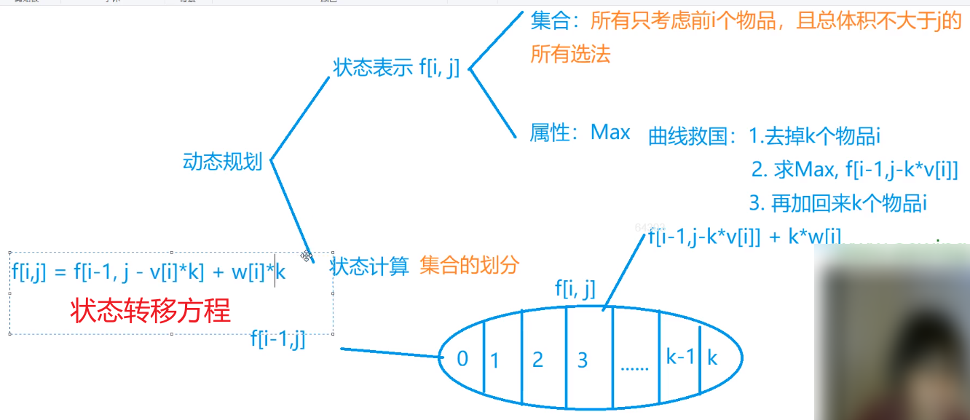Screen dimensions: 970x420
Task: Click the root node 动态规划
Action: click(222, 162)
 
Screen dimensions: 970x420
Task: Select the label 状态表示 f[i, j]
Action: click(396, 68)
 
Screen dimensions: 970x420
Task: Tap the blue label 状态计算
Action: click(370, 266)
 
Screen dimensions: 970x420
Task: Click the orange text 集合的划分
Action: click(469, 266)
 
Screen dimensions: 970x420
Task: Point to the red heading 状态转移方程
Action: click(150, 311)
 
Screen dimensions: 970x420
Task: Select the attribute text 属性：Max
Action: click(580, 132)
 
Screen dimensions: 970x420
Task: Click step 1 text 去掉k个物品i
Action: click(816, 135)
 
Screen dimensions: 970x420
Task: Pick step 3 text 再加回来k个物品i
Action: click(837, 203)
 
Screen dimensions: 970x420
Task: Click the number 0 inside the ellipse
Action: click(462, 359)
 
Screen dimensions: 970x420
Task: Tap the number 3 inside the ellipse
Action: click(582, 360)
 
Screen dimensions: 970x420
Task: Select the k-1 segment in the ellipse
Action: click(680, 357)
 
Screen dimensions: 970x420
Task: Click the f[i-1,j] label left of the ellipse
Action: click(277, 338)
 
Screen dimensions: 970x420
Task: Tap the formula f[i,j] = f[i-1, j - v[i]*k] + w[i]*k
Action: click(149, 272)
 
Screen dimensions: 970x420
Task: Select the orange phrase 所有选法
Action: click(570, 54)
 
